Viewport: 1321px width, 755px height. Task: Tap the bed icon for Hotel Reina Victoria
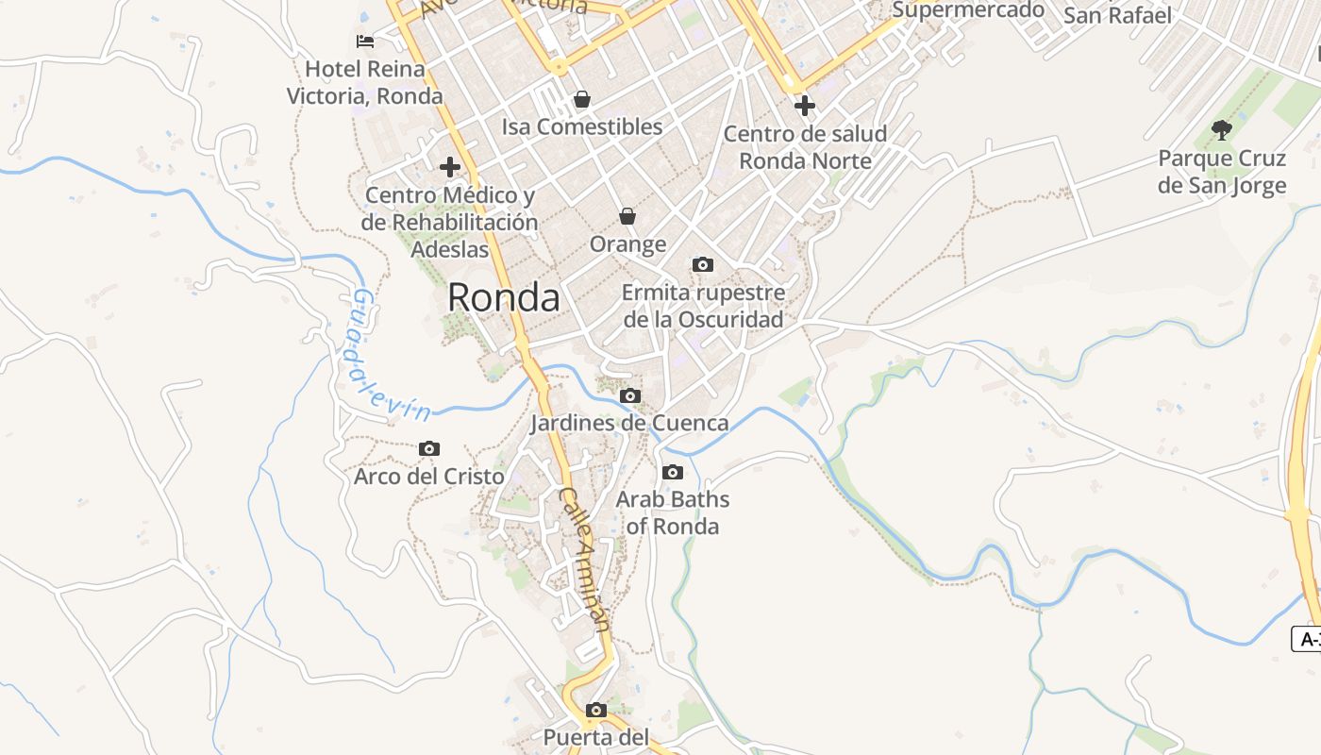pyautogui.click(x=365, y=42)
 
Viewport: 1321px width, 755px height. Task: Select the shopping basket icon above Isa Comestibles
pyautogui.click(x=582, y=99)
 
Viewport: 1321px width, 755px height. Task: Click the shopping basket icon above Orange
pyautogui.click(x=627, y=217)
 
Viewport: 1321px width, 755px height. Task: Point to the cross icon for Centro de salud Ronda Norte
pyautogui.click(x=805, y=106)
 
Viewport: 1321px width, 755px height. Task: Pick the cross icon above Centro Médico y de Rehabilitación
pyautogui.click(x=450, y=168)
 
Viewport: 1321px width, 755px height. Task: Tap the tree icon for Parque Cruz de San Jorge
pyautogui.click(x=1222, y=130)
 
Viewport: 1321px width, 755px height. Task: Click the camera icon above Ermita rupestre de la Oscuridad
pyautogui.click(x=703, y=265)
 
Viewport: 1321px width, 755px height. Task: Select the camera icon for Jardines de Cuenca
pyautogui.click(x=630, y=396)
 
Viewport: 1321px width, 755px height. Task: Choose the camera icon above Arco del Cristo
pyautogui.click(x=429, y=449)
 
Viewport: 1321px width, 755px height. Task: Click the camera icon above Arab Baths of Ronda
pyautogui.click(x=673, y=472)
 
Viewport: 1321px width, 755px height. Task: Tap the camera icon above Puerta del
pyautogui.click(x=596, y=710)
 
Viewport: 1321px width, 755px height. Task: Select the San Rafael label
pyautogui.click(x=1117, y=16)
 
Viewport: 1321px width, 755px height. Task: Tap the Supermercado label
pyautogui.click(x=968, y=10)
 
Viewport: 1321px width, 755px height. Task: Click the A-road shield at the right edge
pyautogui.click(x=1307, y=639)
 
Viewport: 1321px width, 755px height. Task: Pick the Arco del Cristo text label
pyautogui.click(x=429, y=477)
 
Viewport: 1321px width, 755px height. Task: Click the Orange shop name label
pyautogui.click(x=627, y=245)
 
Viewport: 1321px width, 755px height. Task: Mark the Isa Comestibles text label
pyautogui.click(x=582, y=127)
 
